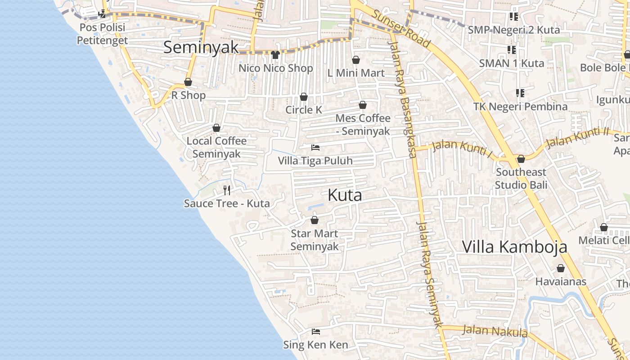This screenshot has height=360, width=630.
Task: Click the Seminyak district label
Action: tap(201, 47)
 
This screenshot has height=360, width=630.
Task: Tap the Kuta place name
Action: tap(345, 195)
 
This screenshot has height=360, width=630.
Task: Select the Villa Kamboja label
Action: tap(515, 247)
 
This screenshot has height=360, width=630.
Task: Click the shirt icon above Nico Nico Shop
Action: tap(275, 55)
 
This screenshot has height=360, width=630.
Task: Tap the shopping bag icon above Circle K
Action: tap(304, 97)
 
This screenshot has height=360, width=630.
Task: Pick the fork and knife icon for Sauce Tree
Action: tap(227, 190)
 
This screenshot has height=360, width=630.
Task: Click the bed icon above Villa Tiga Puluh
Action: tap(315, 148)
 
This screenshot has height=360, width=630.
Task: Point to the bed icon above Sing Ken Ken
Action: tap(316, 332)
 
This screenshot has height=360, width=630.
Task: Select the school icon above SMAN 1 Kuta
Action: tap(511, 49)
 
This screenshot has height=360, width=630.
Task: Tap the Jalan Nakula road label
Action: tap(495, 331)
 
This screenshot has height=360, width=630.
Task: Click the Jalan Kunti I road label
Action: tap(462, 148)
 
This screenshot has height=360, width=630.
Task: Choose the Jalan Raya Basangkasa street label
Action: tap(402, 99)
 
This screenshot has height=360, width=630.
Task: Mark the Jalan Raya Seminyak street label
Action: tap(430, 274)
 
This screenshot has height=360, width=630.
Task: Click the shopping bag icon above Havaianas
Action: tap(561, 269)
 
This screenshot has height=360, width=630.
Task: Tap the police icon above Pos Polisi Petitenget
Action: tap(102, 13)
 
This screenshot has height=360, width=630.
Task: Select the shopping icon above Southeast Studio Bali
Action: tap(521, 159)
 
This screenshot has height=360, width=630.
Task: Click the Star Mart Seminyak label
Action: tap(314, 240)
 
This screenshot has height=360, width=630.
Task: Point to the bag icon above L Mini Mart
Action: tap(356, 60)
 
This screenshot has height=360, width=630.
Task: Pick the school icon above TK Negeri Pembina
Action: tap(520, 93)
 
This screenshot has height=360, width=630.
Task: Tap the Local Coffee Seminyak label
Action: tap(216, 147)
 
